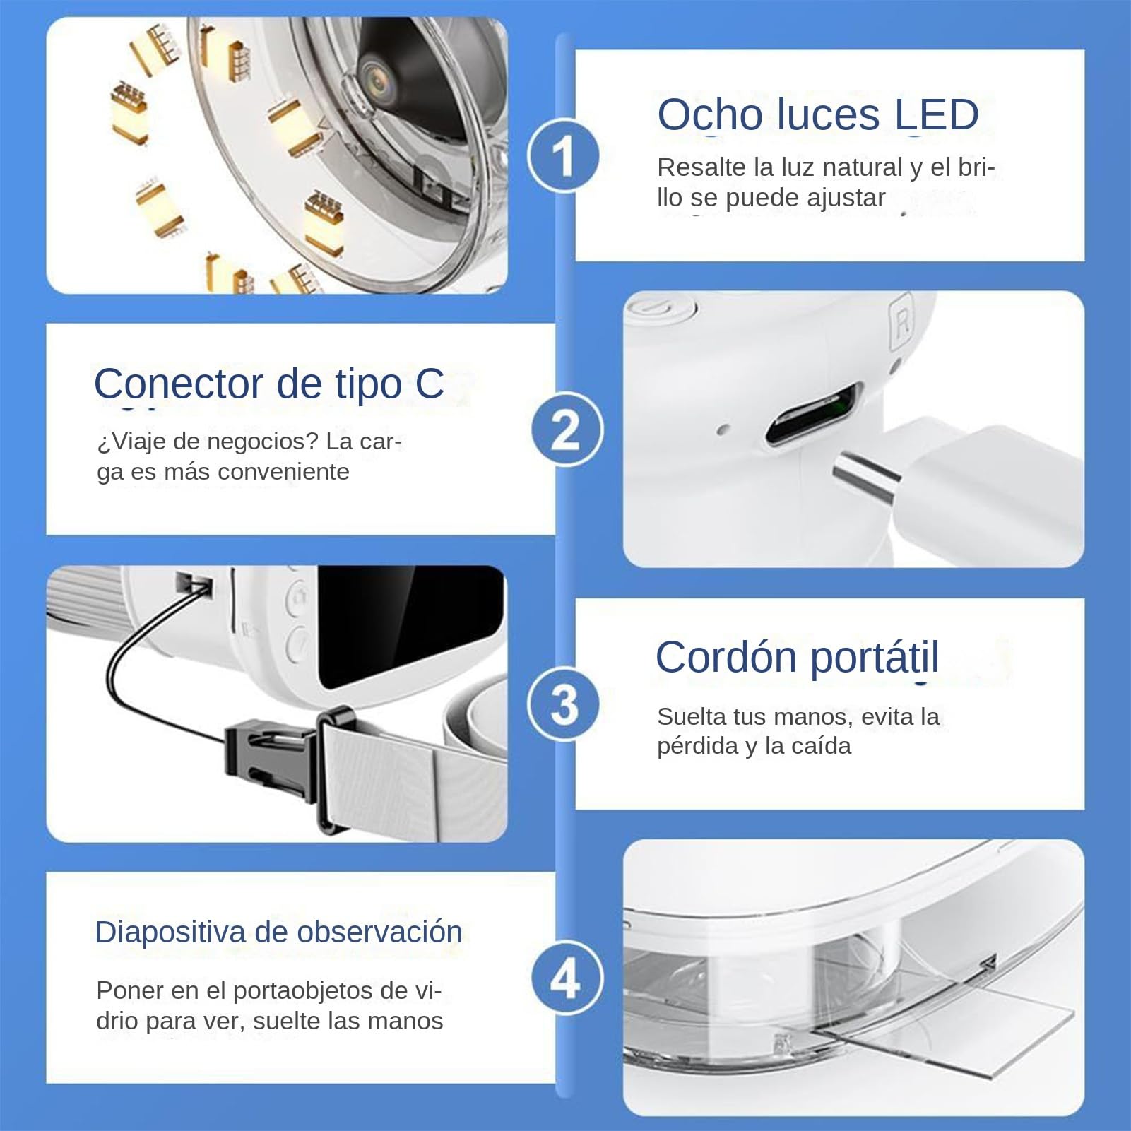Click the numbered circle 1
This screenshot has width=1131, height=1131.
(563, 156)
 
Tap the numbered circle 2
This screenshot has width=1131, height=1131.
(567, 430)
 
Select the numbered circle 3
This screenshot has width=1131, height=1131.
(564, 705)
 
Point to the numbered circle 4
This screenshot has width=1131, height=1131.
(567, 979)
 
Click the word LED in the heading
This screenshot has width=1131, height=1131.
(937, 114)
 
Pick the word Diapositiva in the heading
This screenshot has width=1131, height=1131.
(170, 932)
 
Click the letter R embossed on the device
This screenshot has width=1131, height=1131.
(902, 322)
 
